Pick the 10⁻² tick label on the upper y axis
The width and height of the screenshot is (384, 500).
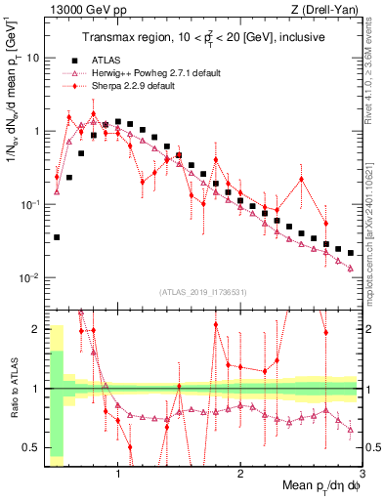click(29, 278)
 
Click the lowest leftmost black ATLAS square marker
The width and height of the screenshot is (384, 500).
click(57, 237)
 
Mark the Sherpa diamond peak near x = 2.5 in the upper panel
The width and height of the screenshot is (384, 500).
click(302, 179)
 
